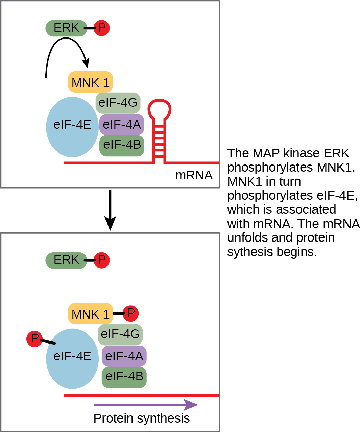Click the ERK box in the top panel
66,28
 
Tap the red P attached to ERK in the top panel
101,28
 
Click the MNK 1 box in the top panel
90,82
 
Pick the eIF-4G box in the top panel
118,102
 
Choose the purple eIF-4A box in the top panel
122,124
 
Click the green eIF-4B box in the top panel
122,145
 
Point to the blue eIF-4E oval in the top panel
72,127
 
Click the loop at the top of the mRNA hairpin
160,109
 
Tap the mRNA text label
194,175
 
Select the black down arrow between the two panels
110,209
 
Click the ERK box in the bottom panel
66,260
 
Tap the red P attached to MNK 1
130,313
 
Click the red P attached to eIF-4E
34,338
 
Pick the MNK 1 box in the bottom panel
90,314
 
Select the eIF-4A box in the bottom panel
124,356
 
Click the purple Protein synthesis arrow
145,405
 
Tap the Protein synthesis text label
141,418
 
